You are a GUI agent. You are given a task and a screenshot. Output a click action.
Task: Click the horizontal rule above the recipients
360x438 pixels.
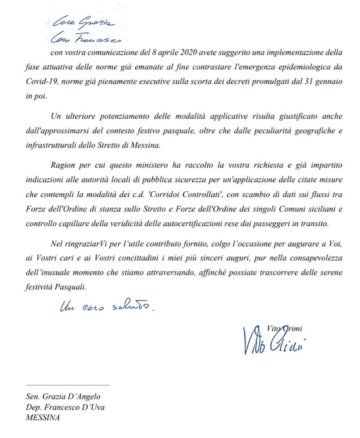67,384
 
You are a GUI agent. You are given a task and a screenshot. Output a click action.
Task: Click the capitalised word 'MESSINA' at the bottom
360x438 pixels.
43,418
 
